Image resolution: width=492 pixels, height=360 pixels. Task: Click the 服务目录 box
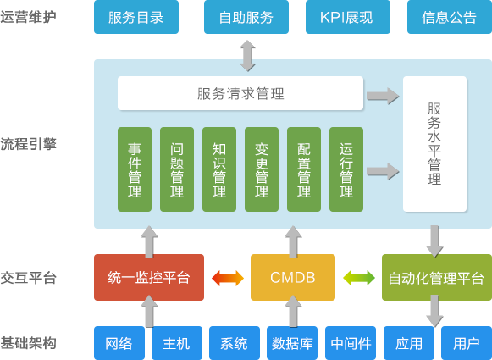(x=136, y=17)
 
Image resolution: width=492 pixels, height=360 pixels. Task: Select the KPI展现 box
(x=348, y=17)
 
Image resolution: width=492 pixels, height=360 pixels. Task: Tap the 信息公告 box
(x=450, y=17)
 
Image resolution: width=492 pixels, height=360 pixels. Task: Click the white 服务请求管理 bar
(x=240, y=93)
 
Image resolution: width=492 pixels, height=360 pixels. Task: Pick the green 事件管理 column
(x=135, y=169)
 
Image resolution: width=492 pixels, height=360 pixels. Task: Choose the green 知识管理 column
(x=219, y=169)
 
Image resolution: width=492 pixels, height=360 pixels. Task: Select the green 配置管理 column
(x=304, y=169)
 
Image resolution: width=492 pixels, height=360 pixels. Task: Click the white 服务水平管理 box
(x=434, y=144)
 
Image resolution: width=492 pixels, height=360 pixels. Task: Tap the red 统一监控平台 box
(x=149, y=278)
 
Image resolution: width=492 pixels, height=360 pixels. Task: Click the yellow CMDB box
(x=293, y=278)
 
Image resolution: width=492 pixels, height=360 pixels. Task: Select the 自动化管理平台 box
(x=437, y=278)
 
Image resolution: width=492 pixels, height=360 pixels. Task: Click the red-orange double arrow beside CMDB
(x=228, y=278)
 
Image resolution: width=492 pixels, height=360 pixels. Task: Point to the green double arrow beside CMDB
(x=359, y=278)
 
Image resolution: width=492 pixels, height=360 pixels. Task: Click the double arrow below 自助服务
(x=247, y=56)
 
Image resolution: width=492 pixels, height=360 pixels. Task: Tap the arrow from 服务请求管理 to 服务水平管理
(x=383, y=96)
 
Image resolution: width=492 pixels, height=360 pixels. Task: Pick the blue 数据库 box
(x=292, y=343)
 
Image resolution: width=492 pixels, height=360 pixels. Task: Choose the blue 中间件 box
(x=351, y=343)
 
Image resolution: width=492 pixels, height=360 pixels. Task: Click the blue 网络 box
(x=119, y=343)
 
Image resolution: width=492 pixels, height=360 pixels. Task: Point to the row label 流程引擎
(x=28, y=144)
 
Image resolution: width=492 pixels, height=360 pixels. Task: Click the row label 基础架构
(x=28, y=343)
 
